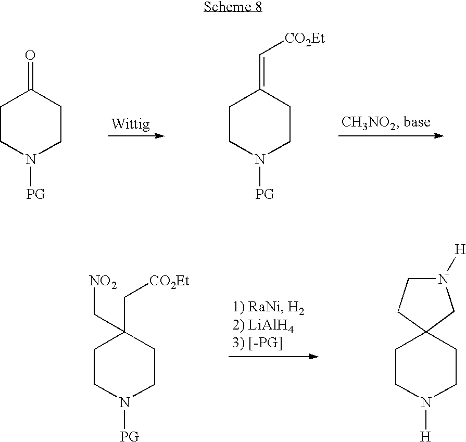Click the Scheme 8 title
pyautogui.click(x=233, y=7)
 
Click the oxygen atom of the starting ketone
pyautogui.click(x=30, y=55)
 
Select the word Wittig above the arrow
pyautogui.click(x=131, y=124)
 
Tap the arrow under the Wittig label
pyautogui.click(x=136, y=136)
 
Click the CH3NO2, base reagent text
pyautogui.click(x=386, y=122)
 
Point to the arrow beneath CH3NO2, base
pyautogui.click(x=391, y=136)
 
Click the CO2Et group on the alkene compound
pyautogui.click(x=305, y=39)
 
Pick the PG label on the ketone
pyautogui.click(x=35, y=194)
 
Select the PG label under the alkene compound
pyautogui.click(x=265, y=194)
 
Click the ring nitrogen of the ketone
pyautogui.click(x=31, y=159)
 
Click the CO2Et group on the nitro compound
pyautogui.click(x=169, y=281)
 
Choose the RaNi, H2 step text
pyautogui.click(x=269, y=307)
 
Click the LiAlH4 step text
pyautogui.click(x=263, y=326)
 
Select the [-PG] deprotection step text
pyautogui.click(x=257, y=343)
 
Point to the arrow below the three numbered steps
pyautogui.click(x=274, y=357)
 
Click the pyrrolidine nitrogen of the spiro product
pyautogui.click(x=443, y=279)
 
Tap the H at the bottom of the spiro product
pyautogui.click(x=425, y=437)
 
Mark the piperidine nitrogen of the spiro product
pyautogui.click(x=426, y=402)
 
